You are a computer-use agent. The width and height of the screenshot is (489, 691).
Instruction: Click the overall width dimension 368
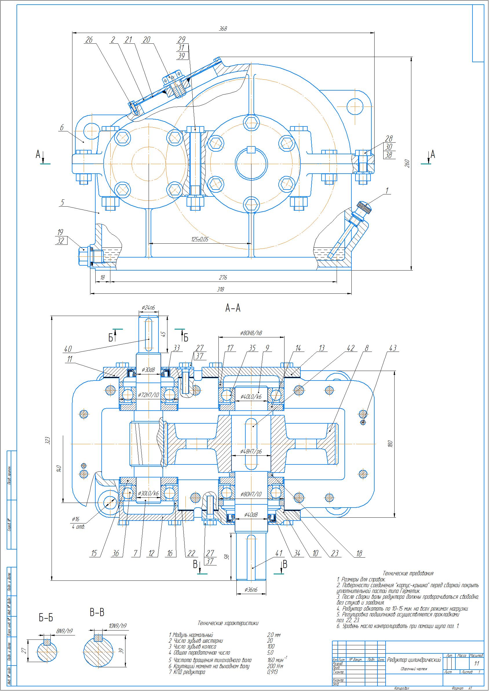click(x=223, y=29)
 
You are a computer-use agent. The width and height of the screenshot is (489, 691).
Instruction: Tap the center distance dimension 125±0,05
click(x=200, y=239)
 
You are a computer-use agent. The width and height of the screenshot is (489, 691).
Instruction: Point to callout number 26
click(x=89, y=40)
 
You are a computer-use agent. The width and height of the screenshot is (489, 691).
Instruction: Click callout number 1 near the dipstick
click(x=387, y=190)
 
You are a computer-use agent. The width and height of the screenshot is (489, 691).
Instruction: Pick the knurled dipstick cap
click(x=364, y=207)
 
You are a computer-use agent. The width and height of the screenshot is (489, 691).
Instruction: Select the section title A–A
click(x=233, y=308)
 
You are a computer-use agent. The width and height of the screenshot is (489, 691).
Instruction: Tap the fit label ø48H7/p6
click(x=251, y=451)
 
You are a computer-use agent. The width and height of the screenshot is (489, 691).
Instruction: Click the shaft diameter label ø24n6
click(x=148, y=308)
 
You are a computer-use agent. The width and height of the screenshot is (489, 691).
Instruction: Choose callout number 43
click(x=393, y=348)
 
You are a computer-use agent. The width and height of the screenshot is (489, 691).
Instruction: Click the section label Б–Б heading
click(x=46, y=618)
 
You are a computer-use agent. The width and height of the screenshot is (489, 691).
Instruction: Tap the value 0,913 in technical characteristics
click(x=272, y=672)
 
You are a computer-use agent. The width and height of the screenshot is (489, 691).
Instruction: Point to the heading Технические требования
click(x=408, y=573)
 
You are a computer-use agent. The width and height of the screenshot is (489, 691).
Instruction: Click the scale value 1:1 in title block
click(x=476, y=663)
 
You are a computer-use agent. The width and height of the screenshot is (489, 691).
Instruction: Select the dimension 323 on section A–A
click(x=47, y=440)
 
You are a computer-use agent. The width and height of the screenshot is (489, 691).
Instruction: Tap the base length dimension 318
click(x=220, y=290)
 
